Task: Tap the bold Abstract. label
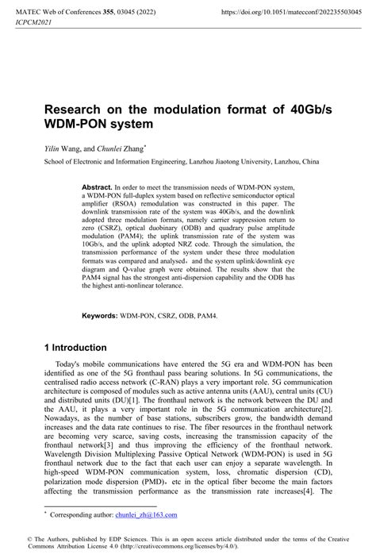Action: click(98, 187)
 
